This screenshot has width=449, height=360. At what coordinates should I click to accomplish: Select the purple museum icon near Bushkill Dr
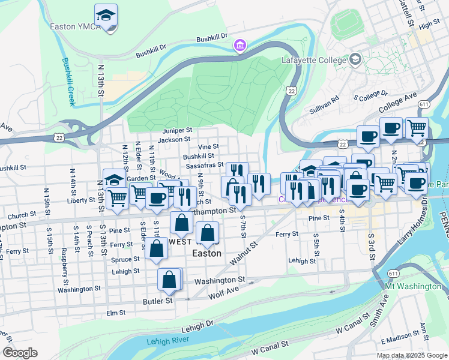(240, 46)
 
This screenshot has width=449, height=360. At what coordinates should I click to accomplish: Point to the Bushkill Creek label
(67, 82)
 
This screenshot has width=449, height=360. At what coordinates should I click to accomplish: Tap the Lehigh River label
(167, 341)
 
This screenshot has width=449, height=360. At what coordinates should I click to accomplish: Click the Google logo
(20, 353)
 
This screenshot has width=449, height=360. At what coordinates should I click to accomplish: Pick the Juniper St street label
(177, 130)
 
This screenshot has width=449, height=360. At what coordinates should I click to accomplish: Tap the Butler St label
(157, 300)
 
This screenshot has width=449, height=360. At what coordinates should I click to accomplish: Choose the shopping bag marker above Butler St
(169, 279)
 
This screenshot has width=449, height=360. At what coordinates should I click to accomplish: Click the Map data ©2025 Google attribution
(411, 355)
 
